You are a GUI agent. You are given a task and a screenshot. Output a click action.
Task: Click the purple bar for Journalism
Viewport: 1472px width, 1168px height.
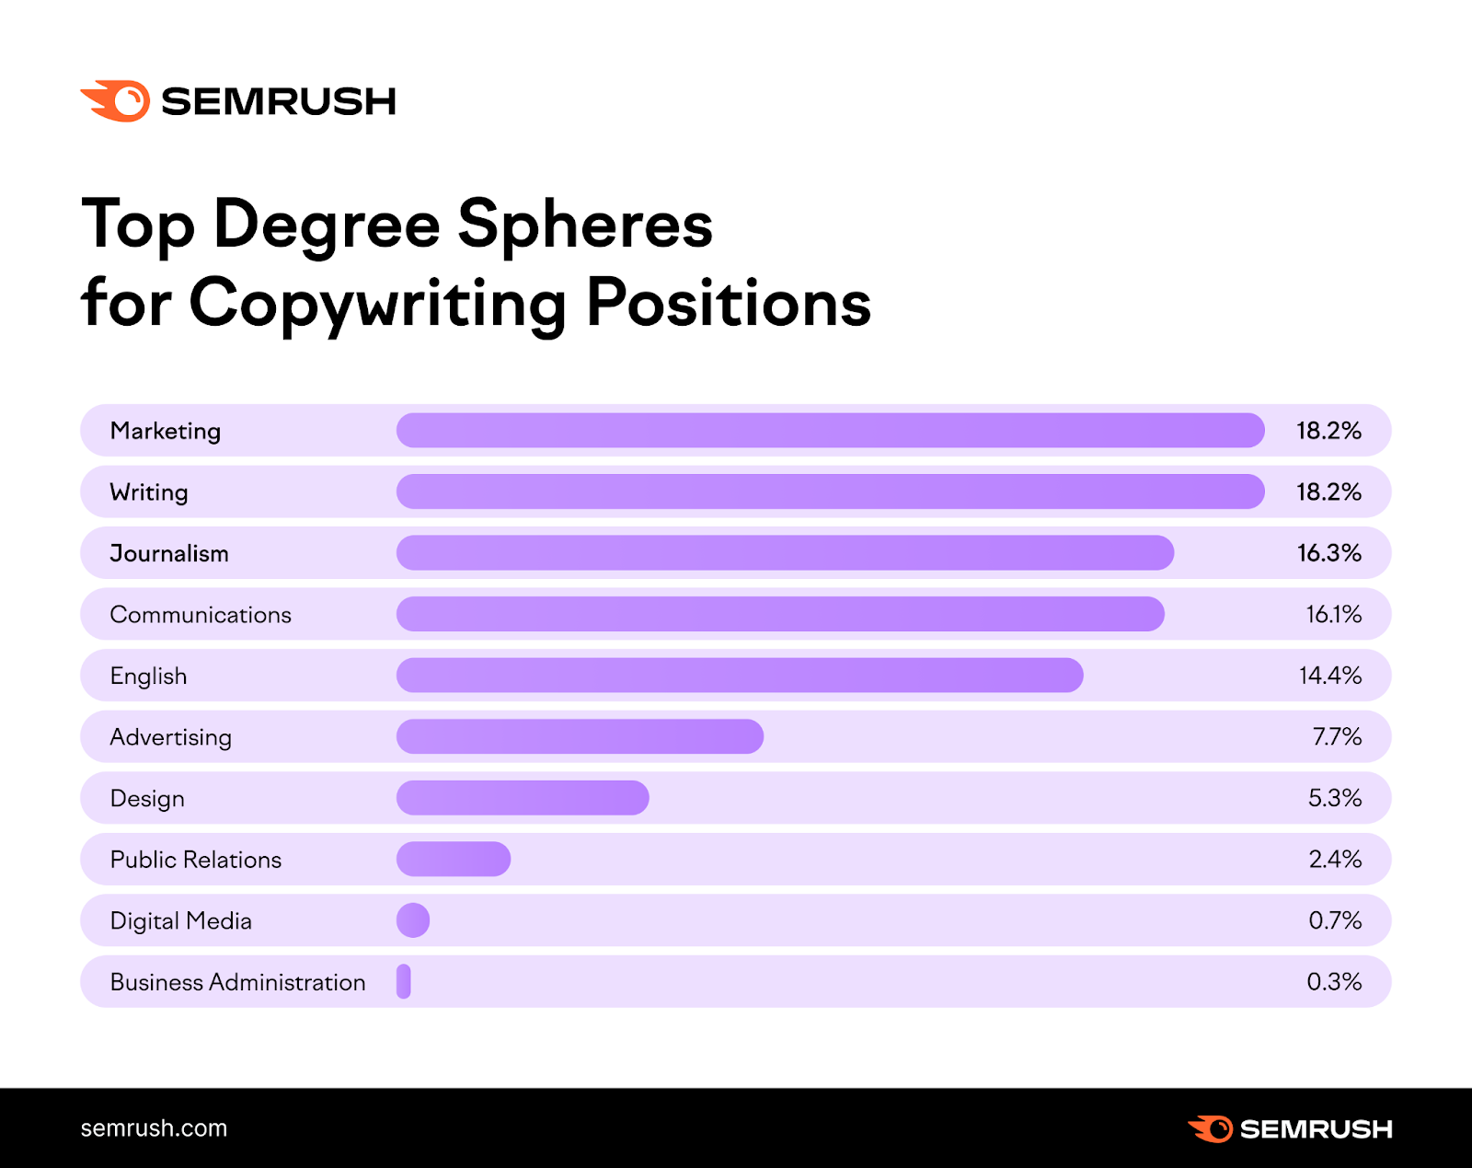[785, 553]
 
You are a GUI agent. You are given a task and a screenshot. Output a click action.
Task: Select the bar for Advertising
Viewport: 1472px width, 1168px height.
[580, 736]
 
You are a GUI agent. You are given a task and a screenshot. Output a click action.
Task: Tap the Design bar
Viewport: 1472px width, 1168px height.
[523, 798]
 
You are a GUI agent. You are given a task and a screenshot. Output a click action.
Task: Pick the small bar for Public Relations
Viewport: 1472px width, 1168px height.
[454, 859]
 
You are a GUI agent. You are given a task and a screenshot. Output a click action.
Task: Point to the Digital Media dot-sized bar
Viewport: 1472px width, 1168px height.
[413, 920]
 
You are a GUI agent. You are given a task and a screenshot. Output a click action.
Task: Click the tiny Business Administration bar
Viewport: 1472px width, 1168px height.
[404, 981]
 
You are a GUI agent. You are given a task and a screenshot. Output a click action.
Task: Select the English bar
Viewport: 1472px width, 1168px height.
[740, 676]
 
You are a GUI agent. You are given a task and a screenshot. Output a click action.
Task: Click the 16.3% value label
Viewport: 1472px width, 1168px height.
[1328, 553]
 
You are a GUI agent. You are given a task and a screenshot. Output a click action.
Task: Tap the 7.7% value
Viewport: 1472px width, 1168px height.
[1337, 736]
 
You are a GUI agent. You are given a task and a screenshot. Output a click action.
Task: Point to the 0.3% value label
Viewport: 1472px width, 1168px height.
[1334, 981]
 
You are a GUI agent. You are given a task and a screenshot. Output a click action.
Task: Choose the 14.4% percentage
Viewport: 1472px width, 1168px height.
[1329, 676]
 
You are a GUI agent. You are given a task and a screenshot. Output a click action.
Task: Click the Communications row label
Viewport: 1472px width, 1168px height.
[201, 615]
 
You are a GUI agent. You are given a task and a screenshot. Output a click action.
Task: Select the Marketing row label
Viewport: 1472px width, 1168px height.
[166, 431]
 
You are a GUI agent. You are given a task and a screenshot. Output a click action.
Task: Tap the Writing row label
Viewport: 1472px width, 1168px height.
[149, 492]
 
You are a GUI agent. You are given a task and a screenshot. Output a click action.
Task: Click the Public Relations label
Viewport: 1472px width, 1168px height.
[196, 860]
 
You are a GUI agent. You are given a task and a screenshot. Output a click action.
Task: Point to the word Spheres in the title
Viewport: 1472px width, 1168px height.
[585, 225]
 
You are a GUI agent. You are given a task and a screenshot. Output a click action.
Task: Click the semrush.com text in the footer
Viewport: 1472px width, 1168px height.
[154, 1128]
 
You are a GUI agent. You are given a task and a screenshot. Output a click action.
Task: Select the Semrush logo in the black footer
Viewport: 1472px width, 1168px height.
[1290, 1128]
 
